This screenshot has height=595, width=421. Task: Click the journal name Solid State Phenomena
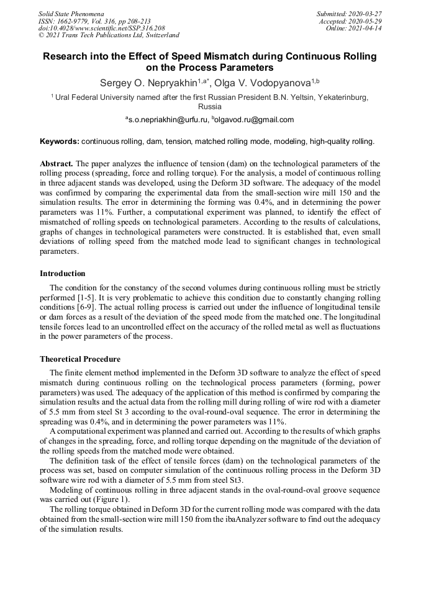coord(71,14)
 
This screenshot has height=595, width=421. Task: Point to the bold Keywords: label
coord(60,141)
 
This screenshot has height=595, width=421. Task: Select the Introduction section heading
coord(63,273)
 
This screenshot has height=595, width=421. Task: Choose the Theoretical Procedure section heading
coord(80,359)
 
